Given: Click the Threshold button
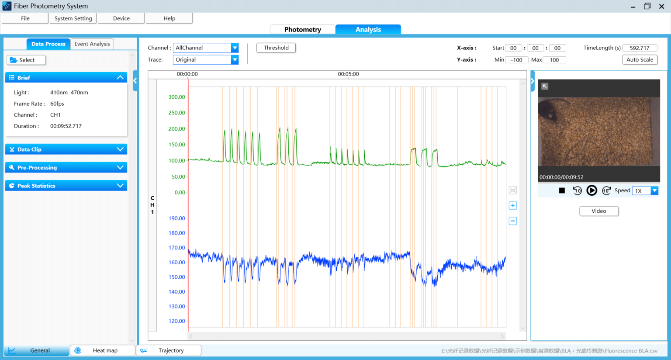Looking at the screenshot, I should coord(276,48).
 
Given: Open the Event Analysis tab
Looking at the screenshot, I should coord(92,44).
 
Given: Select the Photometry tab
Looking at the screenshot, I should coord(302,29).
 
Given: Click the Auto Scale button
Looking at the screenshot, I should coord(640,60).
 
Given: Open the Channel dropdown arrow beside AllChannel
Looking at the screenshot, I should coord(235,48).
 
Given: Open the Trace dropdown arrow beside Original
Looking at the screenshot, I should coord(235,60).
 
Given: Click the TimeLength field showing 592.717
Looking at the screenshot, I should coord(640,48).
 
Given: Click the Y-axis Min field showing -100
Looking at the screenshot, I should coord(517,60).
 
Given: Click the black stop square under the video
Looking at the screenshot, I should coord(562,190).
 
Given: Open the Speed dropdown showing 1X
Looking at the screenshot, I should coord(654,190).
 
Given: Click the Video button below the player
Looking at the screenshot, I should coord(598,211).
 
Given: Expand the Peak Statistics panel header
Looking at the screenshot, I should coord(66,186).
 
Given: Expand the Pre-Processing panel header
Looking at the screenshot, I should coord(66,167).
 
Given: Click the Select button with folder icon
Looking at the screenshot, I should coord(26,60).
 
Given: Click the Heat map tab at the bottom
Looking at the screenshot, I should coord(103,350).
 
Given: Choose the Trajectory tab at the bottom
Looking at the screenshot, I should coord(169,350).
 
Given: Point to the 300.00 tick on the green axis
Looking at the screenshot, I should coord(177,97).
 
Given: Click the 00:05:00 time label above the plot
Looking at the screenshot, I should coord(348,74).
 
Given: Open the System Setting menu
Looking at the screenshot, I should coord(73,18).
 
